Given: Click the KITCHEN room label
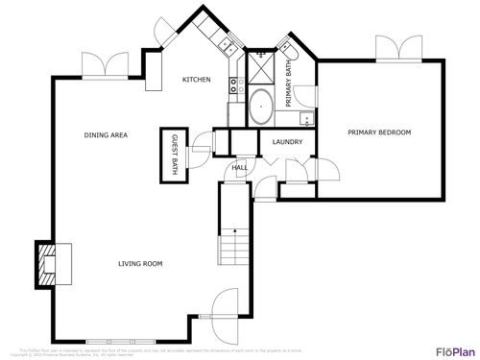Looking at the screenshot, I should click(x=197, y=80).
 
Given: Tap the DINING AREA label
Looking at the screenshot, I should click(x=106, y=135).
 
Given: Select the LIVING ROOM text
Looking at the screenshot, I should click(x=140, y=264).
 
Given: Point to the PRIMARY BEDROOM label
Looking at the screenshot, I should click(x=379, y=132).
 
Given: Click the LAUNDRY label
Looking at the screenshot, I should click(x=288, y=143).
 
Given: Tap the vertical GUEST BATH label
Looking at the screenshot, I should click(x=176, y=154).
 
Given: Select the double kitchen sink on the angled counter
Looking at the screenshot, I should click(x=227, y=44).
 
